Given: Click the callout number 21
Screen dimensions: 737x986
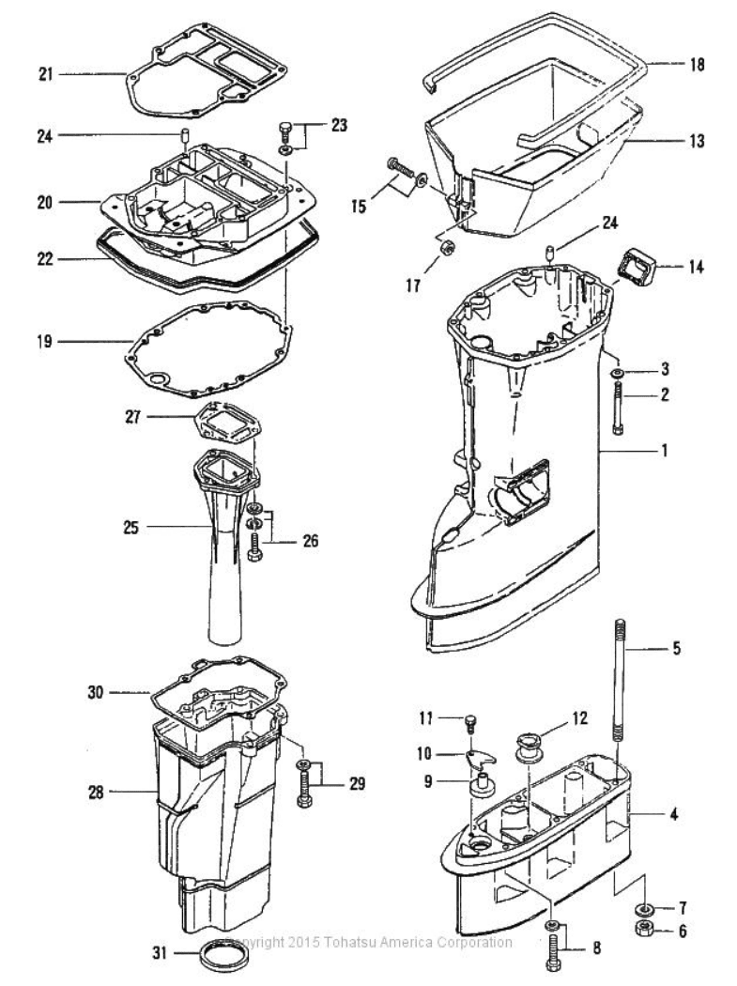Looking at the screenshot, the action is click(x=46, y=75).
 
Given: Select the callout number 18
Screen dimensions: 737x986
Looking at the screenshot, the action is click(x=697, y=64).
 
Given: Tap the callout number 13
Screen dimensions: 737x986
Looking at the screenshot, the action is click(x=697, y=141).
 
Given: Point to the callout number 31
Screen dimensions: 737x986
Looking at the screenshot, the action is click(x=161, y=953).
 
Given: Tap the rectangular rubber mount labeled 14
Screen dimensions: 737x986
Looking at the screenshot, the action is click(x=637, y=268).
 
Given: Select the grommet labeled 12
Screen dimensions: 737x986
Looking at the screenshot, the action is click(x=530, y=747).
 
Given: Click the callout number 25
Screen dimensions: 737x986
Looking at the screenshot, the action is click(x=131, y=527).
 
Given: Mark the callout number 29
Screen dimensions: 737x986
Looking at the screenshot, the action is click(x=357, y=784).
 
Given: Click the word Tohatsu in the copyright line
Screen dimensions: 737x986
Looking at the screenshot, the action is click(x=345, y=943).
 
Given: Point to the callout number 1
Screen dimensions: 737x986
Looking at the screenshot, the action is click(x=664, y=450).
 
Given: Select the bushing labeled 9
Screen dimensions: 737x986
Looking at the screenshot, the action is click(x=483, y=788).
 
